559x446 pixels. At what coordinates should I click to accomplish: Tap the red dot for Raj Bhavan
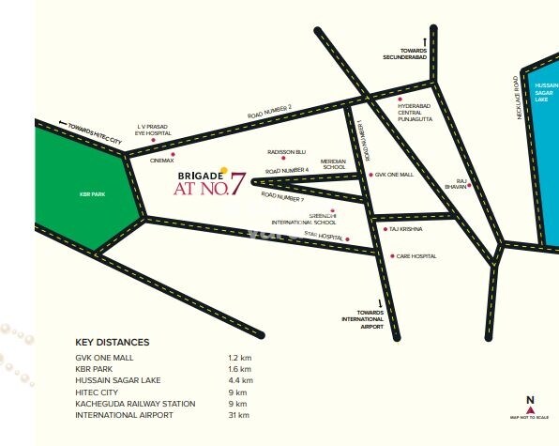pyautogui.click(x=470, y=186)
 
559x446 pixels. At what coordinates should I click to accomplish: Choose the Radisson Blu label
pyautogui.click(x=287, y=151)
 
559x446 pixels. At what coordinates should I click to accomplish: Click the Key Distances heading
pyautogui.click(x=112, y=343)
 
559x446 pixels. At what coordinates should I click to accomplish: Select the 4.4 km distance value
pyautogui.click(x=240, y=380)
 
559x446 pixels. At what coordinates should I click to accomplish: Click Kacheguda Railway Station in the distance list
pyautogui.click(x=135, y=403)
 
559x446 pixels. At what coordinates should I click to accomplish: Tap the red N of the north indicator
pyautogui.click(x=529, y=400)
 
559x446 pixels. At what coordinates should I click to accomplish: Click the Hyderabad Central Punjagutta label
pyautogui.click(x=417, y=114)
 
